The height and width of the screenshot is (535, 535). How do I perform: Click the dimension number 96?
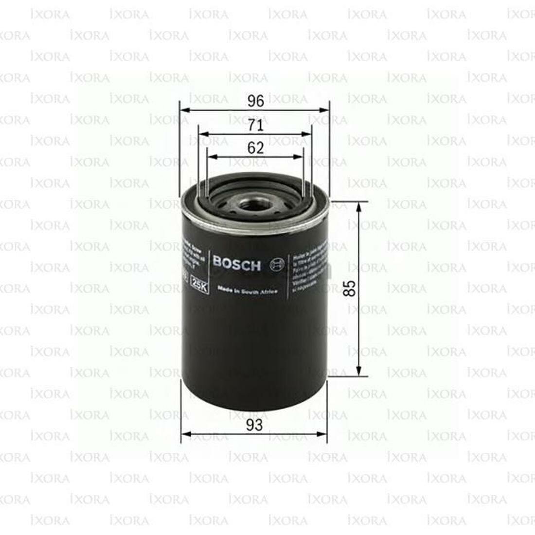tap(255, 101)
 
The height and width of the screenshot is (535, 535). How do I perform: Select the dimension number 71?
tap(255, 125)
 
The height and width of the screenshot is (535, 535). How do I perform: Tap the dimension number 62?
tap(255, 148)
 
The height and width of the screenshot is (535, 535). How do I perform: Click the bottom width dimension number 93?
tap(254, 425)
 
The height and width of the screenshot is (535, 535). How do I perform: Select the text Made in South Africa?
tap(248, 290)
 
